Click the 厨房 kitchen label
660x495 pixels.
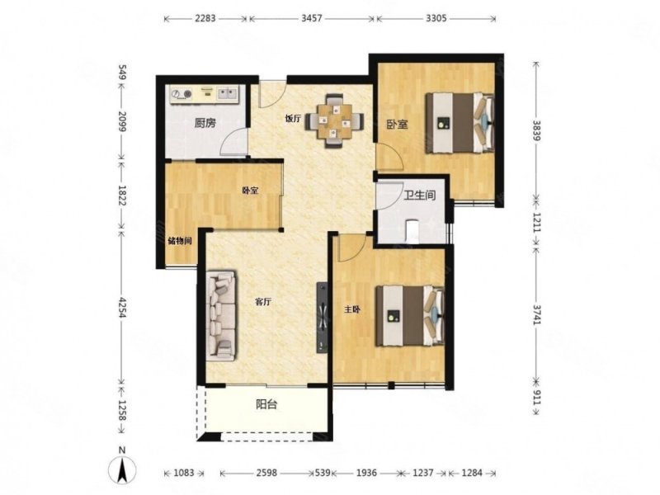[x=205, y=123]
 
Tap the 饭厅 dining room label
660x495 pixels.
[x=293, y=119]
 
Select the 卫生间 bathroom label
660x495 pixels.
[x=420, y=196]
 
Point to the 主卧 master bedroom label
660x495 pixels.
[x=353, y=310]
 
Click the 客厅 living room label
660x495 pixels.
[x=263, y=302]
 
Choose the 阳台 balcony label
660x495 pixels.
[x=266, y=405]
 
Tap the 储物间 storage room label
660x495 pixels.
[x=180, y=241]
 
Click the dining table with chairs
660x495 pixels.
[x=335, y=120]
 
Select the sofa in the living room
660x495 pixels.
[x=221, y=316]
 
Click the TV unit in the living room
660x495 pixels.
[x=322, y=318]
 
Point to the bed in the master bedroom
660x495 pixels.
[x=410, y=316]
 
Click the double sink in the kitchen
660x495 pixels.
[x=227, y=94]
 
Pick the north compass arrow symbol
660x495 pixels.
[x=122, y=469]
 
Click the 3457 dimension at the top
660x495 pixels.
[x=312, y=18]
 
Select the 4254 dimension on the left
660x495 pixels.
[x=121, y=306]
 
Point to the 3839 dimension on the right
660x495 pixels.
[x=536, y=130]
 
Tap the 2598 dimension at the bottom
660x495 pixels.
[x=266, y=473]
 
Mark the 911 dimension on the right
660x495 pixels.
[x=536, y=397]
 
